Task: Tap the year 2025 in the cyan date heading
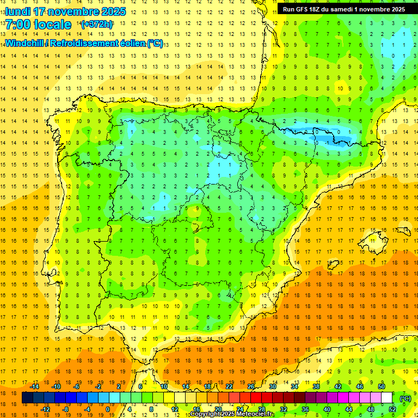coord(113,11)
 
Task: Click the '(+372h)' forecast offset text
coord(96,24)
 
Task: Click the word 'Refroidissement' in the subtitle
coord(90,43)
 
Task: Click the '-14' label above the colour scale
coord(34,386)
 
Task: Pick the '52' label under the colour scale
coord(392,409)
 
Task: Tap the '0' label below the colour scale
coord(108,409)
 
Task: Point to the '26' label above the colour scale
coord(251,386)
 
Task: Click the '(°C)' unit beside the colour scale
coord(405,398)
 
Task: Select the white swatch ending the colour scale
coord(387,398)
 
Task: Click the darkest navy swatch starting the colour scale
coord(27,398)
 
